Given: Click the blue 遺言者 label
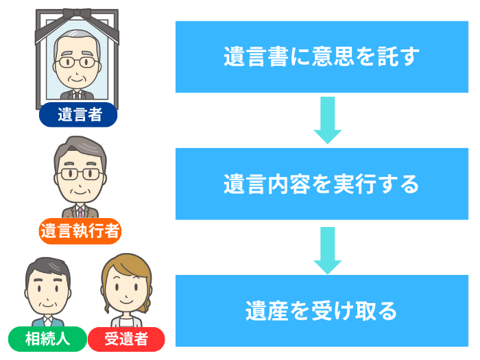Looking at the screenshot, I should click(77, 115).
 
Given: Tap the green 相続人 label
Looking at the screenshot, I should click(46, 339).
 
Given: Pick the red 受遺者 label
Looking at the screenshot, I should click(126, 339).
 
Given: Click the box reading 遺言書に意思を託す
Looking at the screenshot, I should click(321, 57).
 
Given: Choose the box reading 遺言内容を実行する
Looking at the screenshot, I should click(321, 184).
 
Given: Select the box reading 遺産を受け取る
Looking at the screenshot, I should click(321, 311).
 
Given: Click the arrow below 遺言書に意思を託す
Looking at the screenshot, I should click(328, 120).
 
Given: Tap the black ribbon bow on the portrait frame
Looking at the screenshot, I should click(77, 15).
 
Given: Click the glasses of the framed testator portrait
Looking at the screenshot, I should click(77, 62).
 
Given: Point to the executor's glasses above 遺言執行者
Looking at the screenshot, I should click(80, 173).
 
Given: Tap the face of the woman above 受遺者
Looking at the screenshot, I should click(125, 288).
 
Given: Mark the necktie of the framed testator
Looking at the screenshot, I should click(77, 94).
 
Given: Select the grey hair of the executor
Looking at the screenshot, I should click(80, 147).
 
